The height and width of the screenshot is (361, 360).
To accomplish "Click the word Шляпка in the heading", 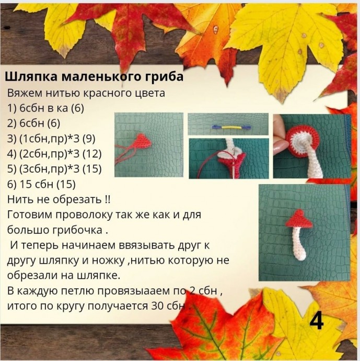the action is pyautogui.click(x=31, y=77).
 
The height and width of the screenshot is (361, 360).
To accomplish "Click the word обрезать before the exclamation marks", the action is pyautogui.click(x=77, y=200).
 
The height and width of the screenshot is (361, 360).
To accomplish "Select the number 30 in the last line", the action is pyautogui.click(x=157, y=306).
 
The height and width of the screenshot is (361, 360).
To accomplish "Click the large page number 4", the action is pyautogui.click(x=317, y=321).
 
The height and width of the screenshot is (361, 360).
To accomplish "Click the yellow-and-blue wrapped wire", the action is pyautogui.click(x=231, y=127).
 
